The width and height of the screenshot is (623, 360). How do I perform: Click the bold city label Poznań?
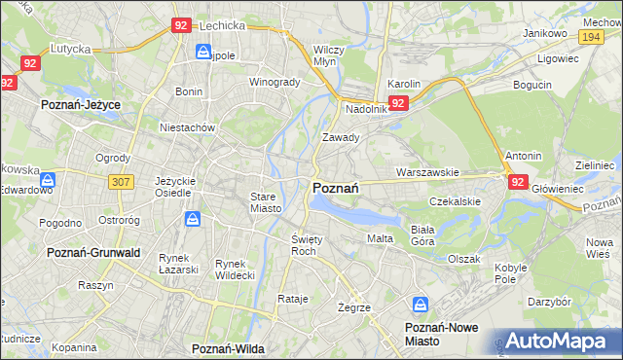coord(337,188)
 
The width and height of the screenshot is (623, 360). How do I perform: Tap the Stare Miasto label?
coord(265,201)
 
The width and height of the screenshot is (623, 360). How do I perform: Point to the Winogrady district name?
coord(275,82)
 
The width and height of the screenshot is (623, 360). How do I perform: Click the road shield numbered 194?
coord(589,35)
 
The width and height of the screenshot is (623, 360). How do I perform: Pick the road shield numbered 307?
coord(121,182)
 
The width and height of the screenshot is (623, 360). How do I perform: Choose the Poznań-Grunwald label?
coord(93,252)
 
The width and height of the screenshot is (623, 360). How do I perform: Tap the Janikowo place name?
coord(544,33)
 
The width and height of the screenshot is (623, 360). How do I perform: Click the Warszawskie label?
coord(426,172)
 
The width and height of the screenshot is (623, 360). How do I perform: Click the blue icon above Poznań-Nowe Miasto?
coord(421,305)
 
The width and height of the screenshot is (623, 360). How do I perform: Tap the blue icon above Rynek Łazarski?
coord(192,220)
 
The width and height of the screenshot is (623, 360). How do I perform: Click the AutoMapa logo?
coord(558,340)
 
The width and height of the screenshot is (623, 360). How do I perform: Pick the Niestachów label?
coord(187,127)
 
